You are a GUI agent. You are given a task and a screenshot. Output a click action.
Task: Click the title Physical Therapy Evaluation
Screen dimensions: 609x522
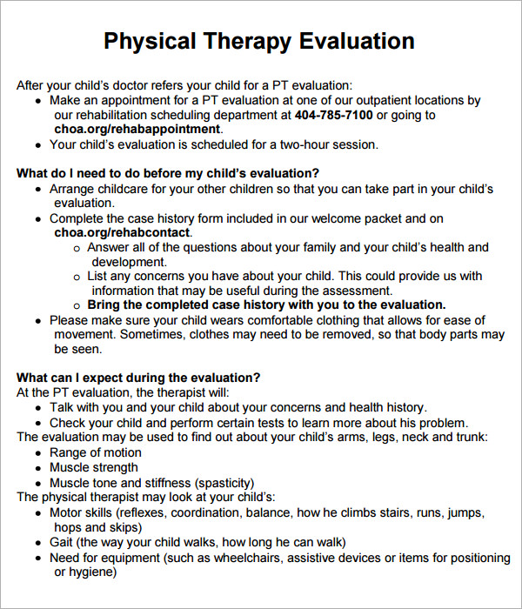[259, 41]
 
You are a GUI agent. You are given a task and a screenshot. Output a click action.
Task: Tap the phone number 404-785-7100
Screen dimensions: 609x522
[333, 115]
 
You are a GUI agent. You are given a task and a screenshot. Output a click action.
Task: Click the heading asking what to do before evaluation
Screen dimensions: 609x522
[168, 173]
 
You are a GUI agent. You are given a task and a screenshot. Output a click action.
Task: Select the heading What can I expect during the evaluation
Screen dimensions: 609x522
[138, 378]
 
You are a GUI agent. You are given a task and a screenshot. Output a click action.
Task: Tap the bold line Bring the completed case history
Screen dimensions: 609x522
[266, 305]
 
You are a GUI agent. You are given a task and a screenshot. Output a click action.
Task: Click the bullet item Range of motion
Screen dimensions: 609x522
[95, 452]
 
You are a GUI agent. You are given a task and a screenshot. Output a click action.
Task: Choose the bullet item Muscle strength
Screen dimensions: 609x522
[95, 468]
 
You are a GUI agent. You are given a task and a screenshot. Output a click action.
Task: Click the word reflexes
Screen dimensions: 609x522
[156, 513]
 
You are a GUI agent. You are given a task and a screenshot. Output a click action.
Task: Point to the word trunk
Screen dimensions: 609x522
[468, 437]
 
